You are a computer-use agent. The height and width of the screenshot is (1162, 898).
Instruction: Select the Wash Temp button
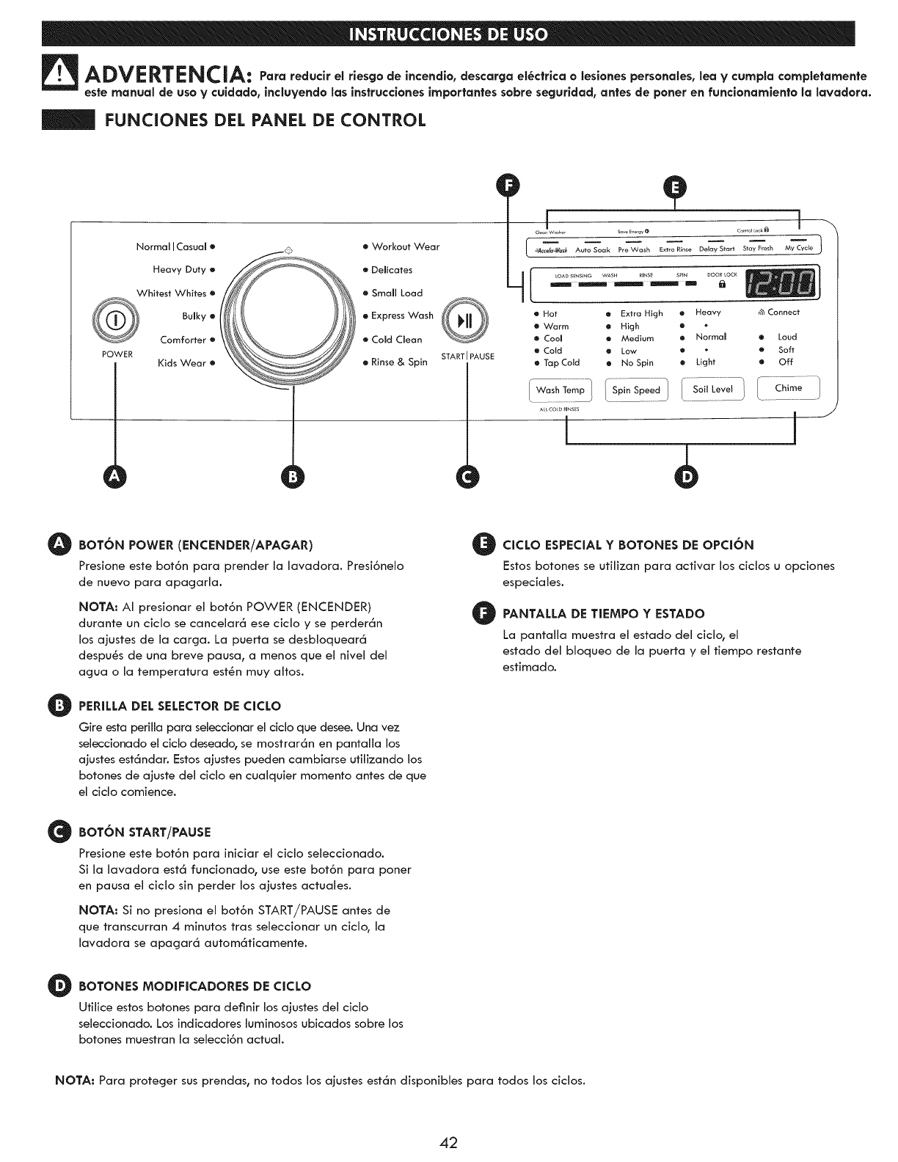pos(561,390)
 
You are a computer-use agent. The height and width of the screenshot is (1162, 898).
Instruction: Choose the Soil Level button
pos(713,389)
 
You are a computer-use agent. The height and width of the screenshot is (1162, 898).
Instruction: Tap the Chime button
pos(788,387)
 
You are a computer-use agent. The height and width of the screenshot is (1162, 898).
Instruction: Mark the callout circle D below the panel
pos(687,477)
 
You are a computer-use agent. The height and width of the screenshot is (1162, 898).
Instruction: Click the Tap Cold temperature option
pos(561,362)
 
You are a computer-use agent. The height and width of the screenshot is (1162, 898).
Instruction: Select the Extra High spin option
pos(641,313)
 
